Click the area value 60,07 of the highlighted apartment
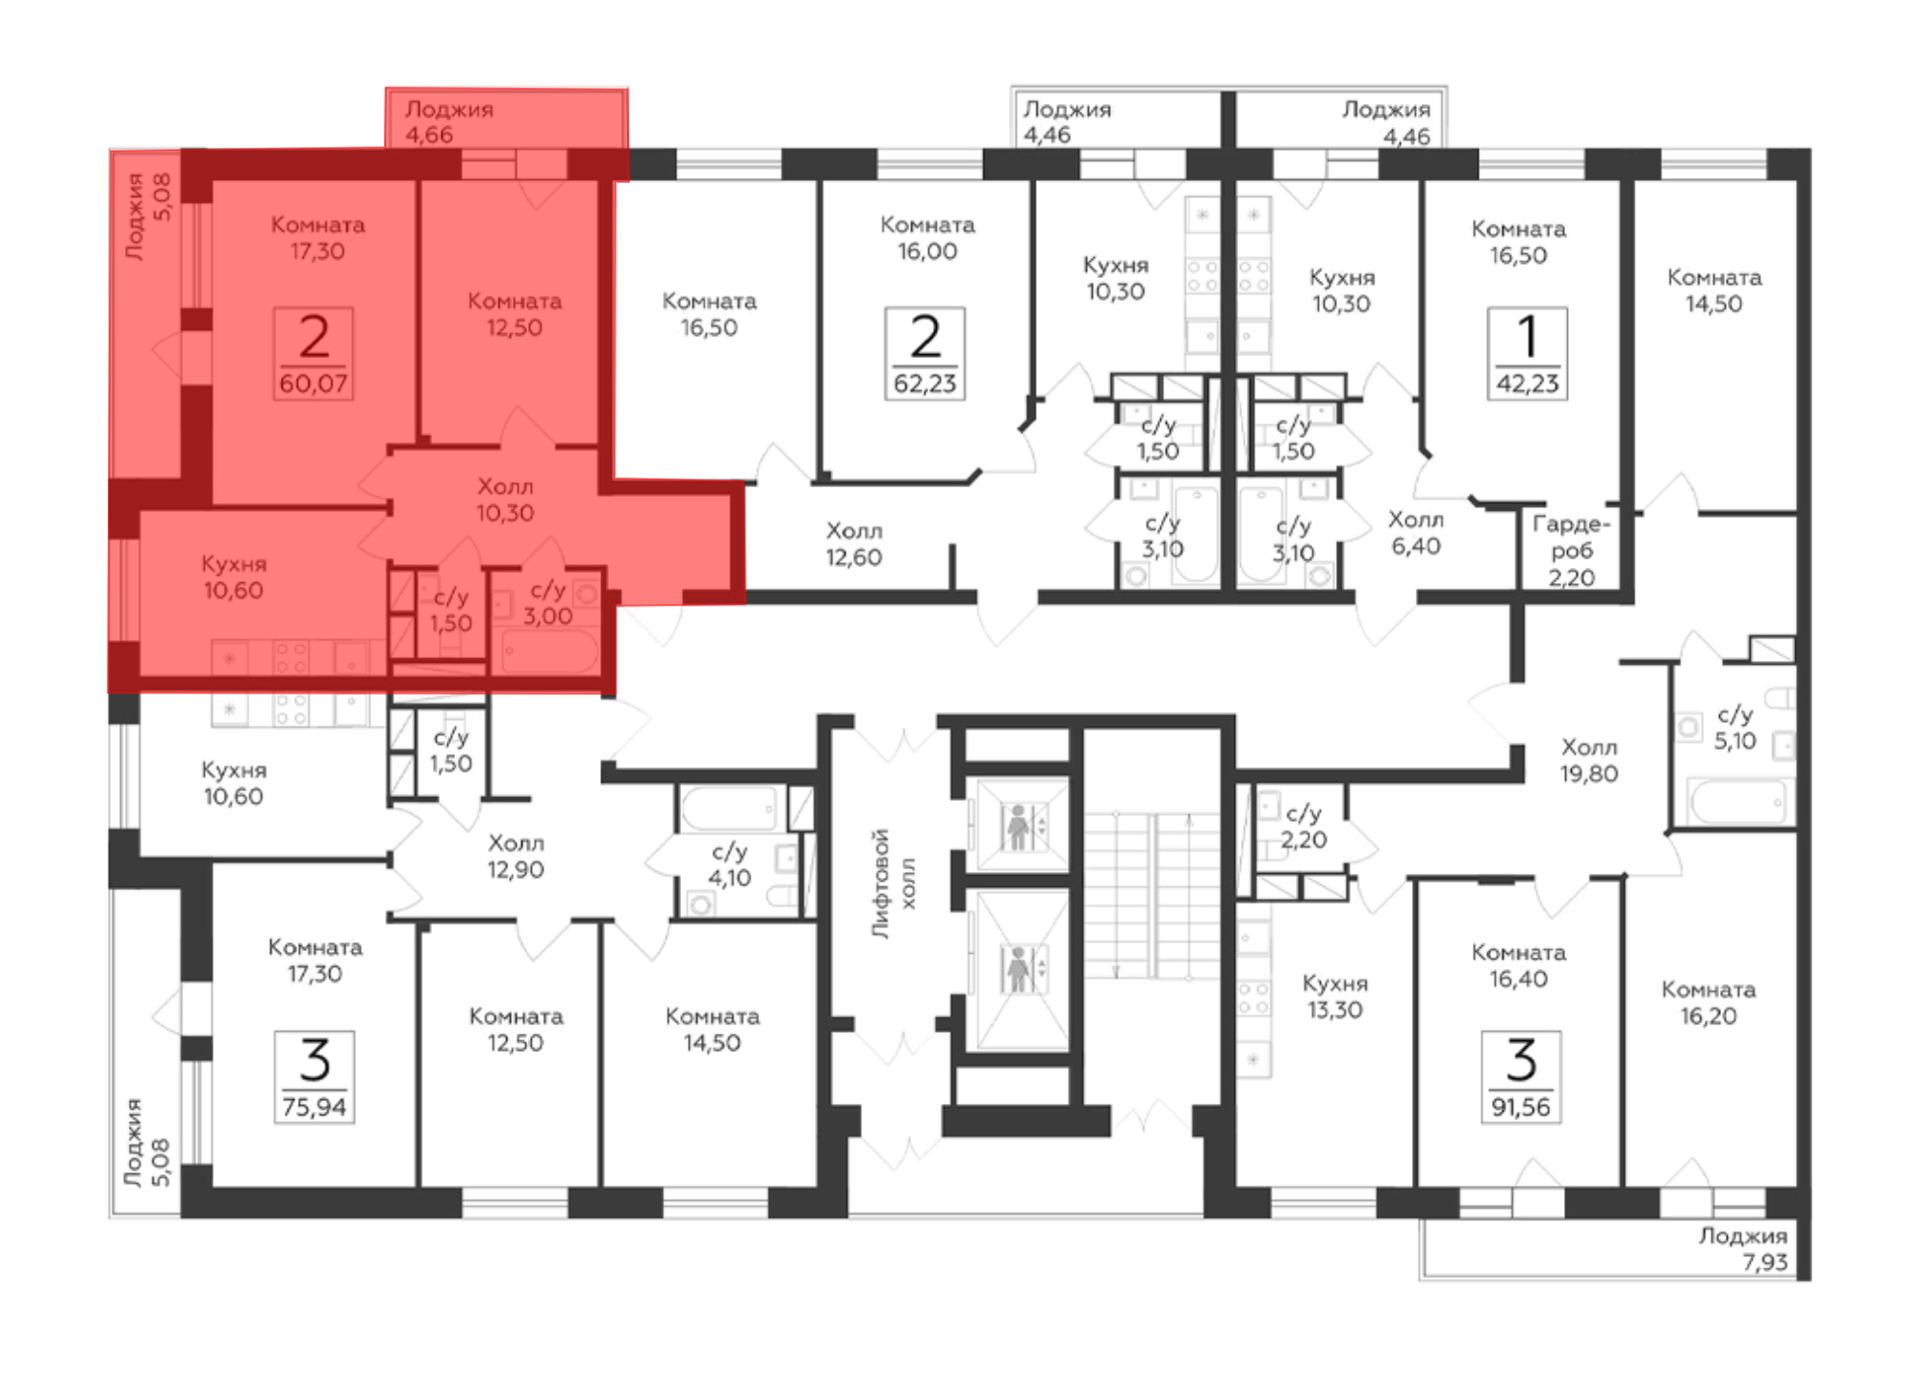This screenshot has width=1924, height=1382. [x=314, y=384]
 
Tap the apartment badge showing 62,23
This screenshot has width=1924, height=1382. [x=924, y=353]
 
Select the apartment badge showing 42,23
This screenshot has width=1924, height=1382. [x=1527, y=353]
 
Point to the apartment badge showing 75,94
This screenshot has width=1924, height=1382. [x=315, y=1077]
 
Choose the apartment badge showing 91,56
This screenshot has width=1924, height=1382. [x=1521, y=1077]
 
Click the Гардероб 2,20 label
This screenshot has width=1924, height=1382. [x=1571, y=550]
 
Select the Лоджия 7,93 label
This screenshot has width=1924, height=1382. [x=1742, y=1249]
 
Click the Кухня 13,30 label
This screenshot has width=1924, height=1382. [x=1334, y=996]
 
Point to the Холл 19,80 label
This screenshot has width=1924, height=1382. [x=1589, y=760]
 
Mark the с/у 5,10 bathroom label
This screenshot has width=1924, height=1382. [x=1735, y=728]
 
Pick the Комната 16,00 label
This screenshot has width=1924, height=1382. [x=927, y=238]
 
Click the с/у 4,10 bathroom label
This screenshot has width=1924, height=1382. [x=729, y=864]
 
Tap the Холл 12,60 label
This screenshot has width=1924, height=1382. [x=854, y=544]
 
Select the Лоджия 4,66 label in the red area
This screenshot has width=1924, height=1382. [x=449, y=122]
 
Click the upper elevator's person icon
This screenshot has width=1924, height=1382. [x=1018, y=828]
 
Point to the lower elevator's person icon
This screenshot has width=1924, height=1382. [x=1018, y=969]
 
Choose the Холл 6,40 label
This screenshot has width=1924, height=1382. [x=1415, y=533]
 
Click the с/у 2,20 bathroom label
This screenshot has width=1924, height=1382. [x=1304, y=827]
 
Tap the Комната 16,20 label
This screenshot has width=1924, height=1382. [x=1709, y=1003]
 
